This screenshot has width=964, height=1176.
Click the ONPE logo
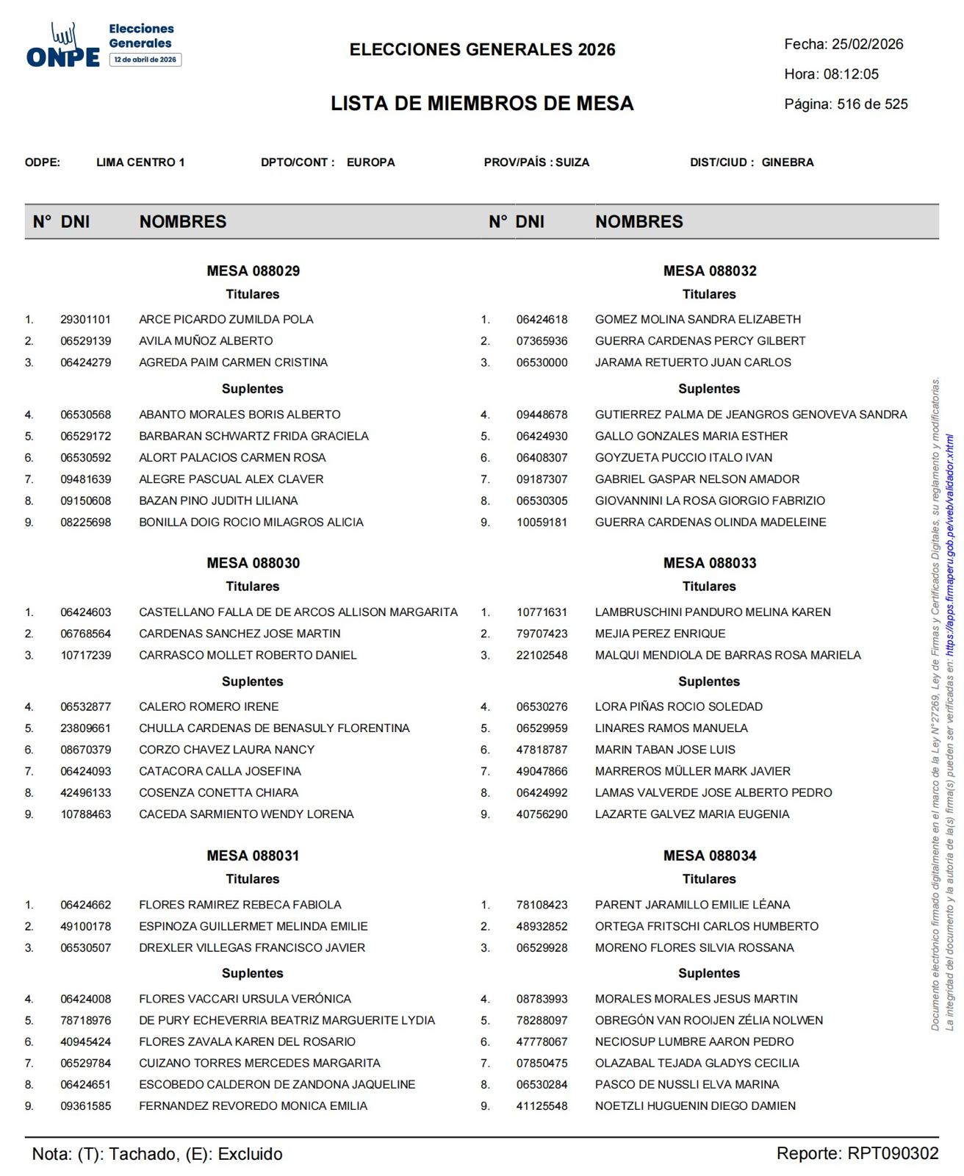coord(63,46)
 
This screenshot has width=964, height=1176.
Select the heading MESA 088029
coord(253,270)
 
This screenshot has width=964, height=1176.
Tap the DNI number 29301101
coord(86,320)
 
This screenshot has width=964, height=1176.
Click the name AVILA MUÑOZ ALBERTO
coord(206,341)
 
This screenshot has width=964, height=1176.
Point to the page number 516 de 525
coord(872,104)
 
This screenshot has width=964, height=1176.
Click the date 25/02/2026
coord(867,44)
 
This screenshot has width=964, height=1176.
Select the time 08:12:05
coord(851,74)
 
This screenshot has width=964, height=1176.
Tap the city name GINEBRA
coord(788,162)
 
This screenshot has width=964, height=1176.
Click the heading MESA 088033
coord(709,563)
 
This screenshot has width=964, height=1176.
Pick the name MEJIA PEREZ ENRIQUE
coord(660,634)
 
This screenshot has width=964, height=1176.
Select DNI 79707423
coord(542,634)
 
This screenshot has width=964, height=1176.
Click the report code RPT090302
coord(893,1153)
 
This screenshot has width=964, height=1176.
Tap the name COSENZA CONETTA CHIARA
coord(218,792)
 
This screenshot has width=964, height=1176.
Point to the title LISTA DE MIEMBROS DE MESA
coord(482,104)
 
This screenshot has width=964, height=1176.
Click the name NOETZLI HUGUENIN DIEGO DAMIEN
coord(695,1105)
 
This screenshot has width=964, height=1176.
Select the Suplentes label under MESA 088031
coord(253,973)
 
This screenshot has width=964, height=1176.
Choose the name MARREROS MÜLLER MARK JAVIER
coord(692,771)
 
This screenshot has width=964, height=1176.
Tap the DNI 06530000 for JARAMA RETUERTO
coord(542,362)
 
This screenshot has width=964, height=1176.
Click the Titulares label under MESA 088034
coord(708,879)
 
